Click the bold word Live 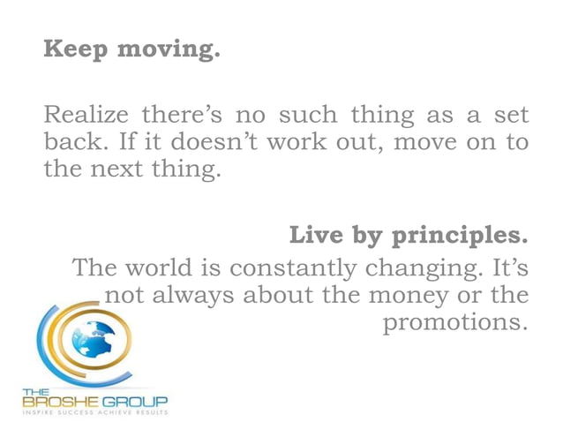[x=316, y=237]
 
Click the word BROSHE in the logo [x=60, y=402]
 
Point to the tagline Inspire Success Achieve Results [x=94, y=413]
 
